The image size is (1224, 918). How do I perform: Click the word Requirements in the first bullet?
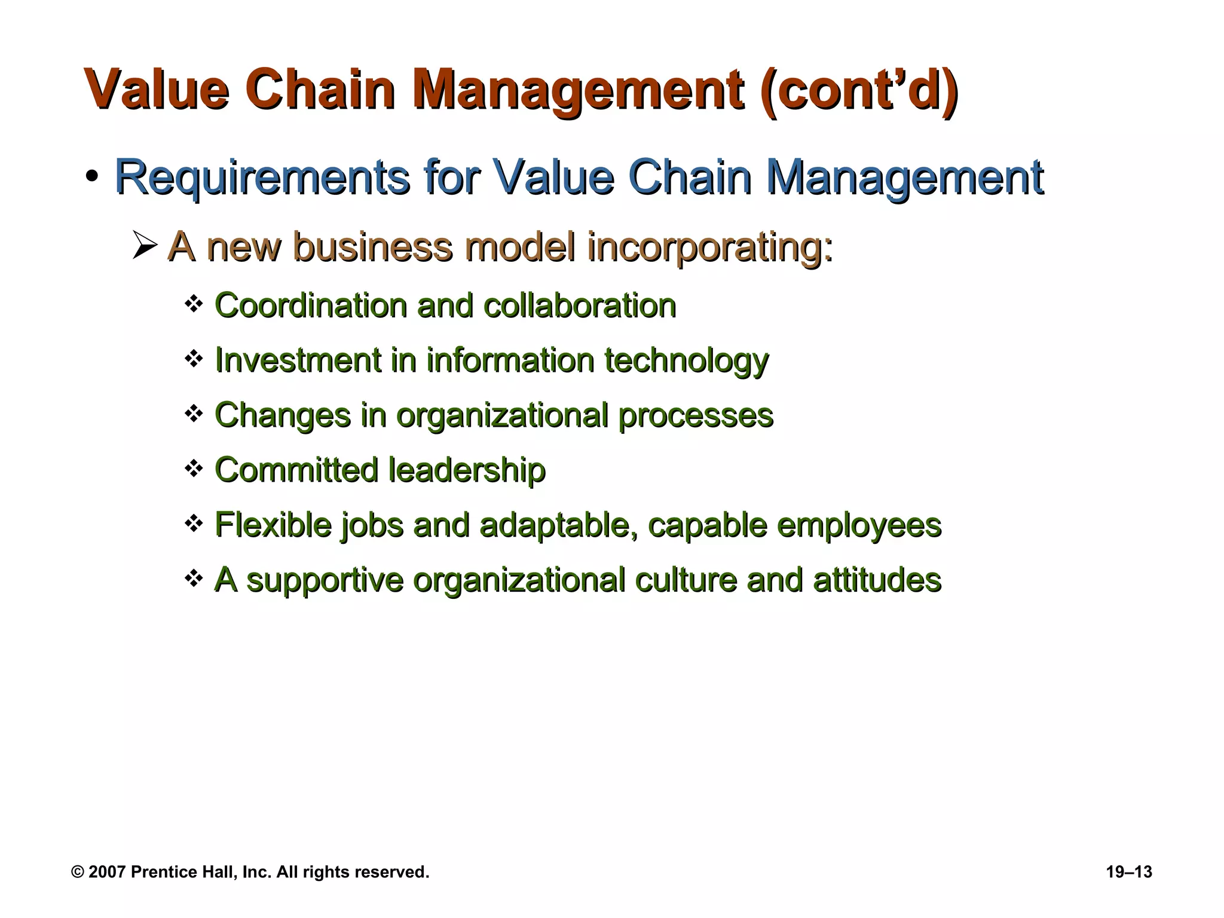(262, 178)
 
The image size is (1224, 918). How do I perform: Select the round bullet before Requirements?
(91, 177)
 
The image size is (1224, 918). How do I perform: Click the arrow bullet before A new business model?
(144, 246)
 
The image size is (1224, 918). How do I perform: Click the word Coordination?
(310, 305)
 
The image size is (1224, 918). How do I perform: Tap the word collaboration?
(579, 305)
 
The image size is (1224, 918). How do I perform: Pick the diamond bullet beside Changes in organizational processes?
(194, 414)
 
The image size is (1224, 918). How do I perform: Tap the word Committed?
(296, 470)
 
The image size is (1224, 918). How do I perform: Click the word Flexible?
(273, 525)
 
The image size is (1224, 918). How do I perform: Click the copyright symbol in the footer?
(78, 872)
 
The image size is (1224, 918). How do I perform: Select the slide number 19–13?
(1128, 872)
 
